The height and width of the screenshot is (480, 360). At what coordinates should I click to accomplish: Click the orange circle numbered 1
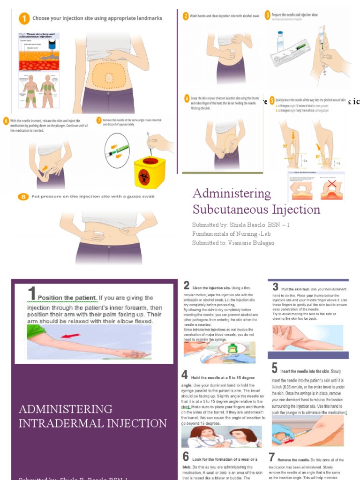pos(22,19)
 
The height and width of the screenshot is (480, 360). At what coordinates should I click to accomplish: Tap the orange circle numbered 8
pos(22,196)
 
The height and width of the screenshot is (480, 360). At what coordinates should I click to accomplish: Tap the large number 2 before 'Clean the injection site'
pos(187,285)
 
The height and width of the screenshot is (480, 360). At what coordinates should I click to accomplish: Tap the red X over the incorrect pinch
pos(331,187)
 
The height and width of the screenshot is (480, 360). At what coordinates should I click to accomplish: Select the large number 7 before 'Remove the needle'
pos(271,457)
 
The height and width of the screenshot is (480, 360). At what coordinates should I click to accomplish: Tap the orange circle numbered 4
pos(187,99)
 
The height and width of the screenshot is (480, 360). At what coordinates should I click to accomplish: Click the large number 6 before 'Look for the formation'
pos(186,457)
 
